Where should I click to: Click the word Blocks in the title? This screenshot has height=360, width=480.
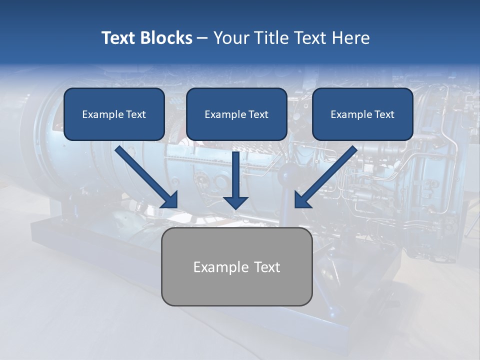pos(167,38)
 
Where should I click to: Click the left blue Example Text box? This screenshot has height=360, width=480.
pos(114,114)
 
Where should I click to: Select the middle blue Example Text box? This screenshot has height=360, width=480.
pos(236,114)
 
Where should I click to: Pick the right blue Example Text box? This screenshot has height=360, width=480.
pos(362,114)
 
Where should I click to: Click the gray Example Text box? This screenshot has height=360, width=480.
pos(236,267)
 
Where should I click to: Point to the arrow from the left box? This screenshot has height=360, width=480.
pos(145,175)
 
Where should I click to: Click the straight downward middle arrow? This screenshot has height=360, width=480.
pos(235,175)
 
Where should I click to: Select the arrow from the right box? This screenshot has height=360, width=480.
pos(327,175)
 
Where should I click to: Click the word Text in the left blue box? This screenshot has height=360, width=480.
pos(136,114)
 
